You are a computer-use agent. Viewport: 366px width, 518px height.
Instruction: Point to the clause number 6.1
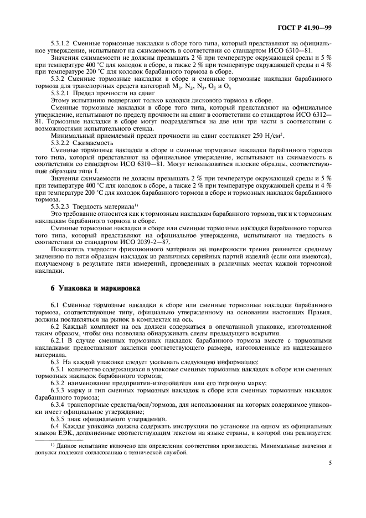tap(55, 305)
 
